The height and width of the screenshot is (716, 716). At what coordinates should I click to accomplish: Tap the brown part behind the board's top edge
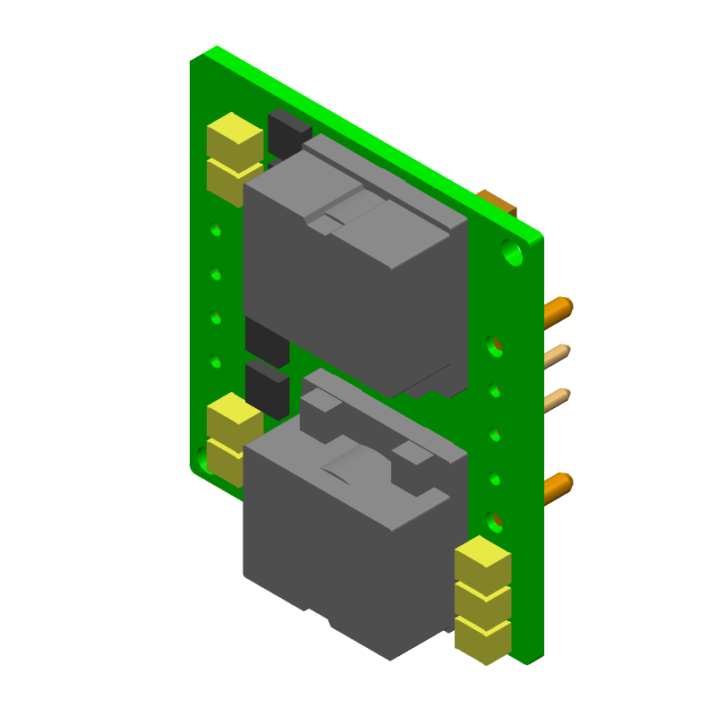(x=498, y=200)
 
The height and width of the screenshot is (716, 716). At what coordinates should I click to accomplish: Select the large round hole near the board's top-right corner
(x=512, y=252)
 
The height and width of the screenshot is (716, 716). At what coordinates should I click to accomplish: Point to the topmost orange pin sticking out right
(x=558, y=311)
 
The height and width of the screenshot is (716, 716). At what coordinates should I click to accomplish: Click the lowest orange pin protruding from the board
(x=558, y=487)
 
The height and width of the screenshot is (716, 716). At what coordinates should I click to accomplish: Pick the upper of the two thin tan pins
(x=557, y=355)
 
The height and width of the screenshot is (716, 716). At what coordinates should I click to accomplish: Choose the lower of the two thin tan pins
(x=557, y=399)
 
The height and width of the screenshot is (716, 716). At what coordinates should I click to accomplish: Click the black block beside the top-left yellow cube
(x=288, y=134)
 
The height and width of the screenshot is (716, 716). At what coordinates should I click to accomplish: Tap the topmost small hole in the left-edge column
(x=216, y=229)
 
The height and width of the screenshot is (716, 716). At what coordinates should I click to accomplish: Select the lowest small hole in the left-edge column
(x=216, y=362)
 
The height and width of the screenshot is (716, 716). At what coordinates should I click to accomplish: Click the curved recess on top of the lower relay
(x=358, y=465)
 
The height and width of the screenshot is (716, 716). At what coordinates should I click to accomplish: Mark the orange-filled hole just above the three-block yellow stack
(x=495, y=519)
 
